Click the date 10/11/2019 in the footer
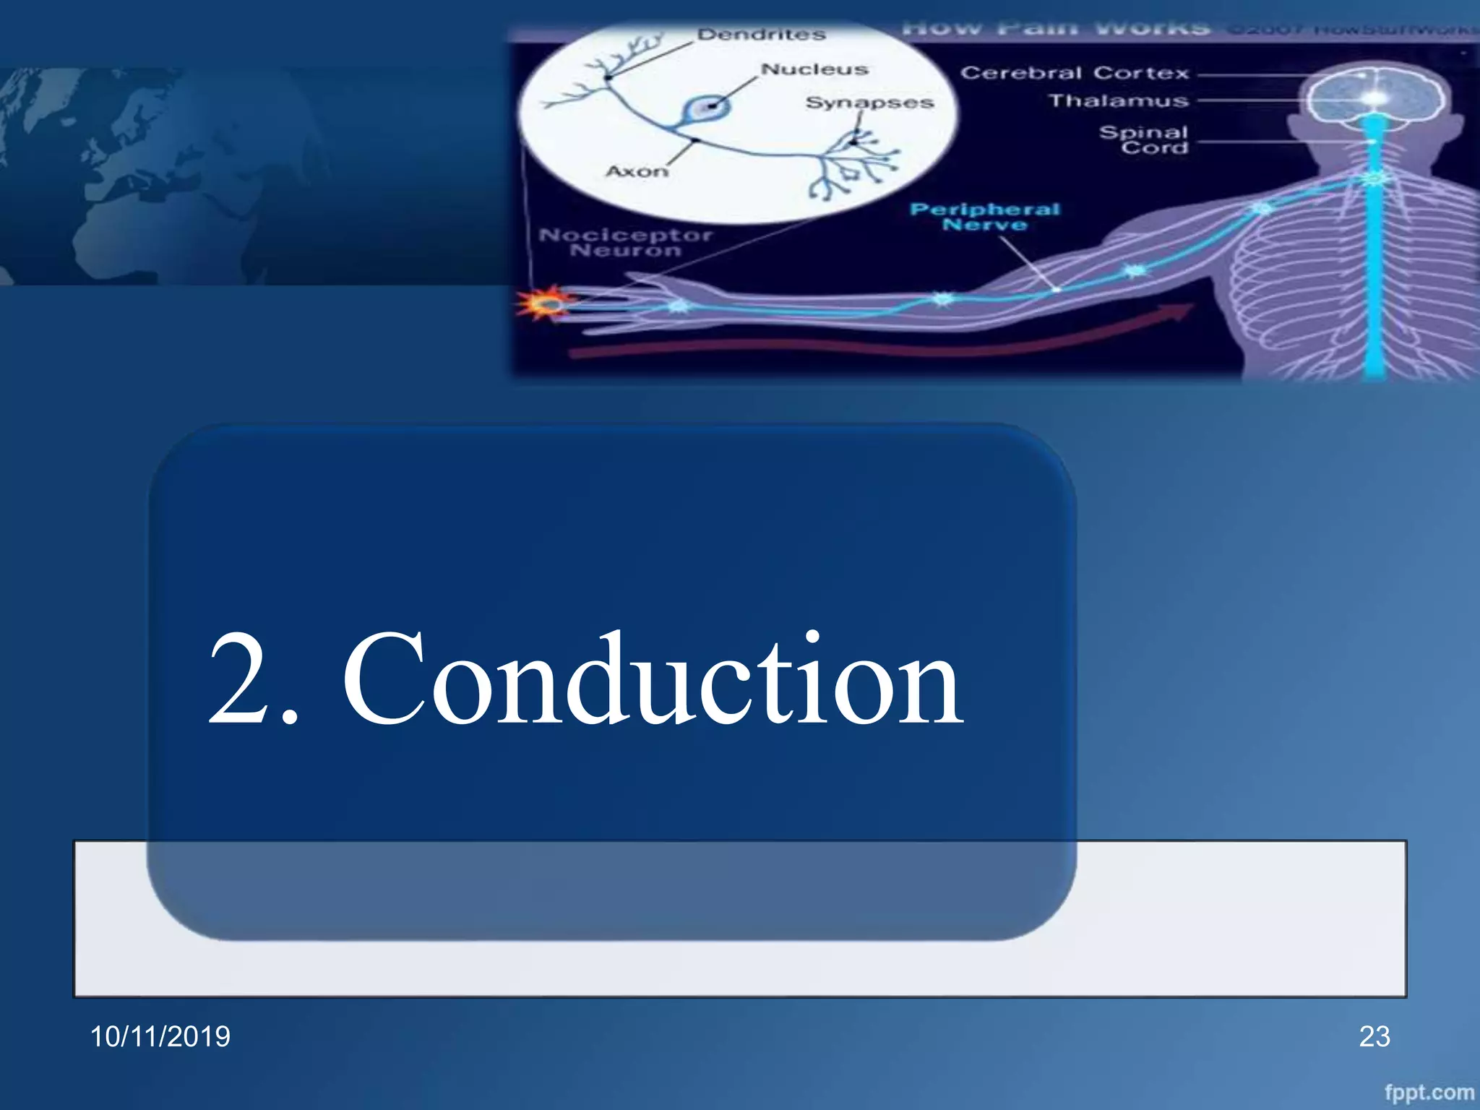[160, 1036]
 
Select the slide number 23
[1374, 1036]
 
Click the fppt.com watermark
[1429, 1092]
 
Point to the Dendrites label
[761, 35]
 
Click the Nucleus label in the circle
[814, 69]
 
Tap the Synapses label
[869, 103]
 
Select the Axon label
[637, 171]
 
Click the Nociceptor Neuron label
[626, 243]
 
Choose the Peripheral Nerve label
[984, 217]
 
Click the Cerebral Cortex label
[1075, 73]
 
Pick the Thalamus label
[1119, 101]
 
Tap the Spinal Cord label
[1145, 139]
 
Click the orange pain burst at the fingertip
[547, 304]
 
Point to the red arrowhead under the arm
[1178, 311]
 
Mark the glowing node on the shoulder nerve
[1262, 209]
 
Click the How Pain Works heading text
[1055, 29]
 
